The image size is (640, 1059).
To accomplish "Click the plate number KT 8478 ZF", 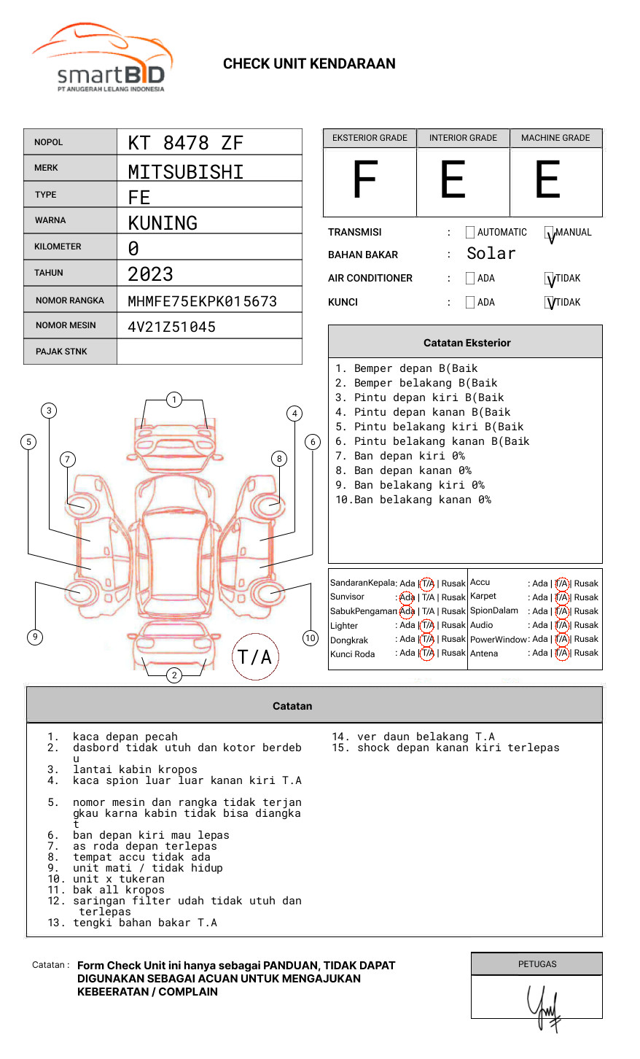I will [x=185, y=143].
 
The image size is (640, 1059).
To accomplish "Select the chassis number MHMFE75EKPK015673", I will [x=202, y=301].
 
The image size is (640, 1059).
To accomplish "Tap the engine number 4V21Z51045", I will [x=171, y=327].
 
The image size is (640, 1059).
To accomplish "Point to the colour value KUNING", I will [x=163, y=222].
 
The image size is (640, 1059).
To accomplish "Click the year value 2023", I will [x=150, y=274].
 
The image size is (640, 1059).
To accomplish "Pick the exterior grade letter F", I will [x=365, y=181].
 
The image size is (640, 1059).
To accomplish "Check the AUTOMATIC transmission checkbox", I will [x=470, y=233].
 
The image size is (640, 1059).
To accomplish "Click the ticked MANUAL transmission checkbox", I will [x=550, y=233].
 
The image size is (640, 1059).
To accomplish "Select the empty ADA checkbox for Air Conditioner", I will [x=470, y=279].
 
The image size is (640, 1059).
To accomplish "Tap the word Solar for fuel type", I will [x=491, y=254].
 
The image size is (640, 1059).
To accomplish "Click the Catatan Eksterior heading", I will [x=467, y=343].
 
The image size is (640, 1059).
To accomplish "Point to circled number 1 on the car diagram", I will [x=173, y=400].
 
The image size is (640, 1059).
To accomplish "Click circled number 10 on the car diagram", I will [x=311, y=638].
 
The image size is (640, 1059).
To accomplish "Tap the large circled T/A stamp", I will [x=254, y=657].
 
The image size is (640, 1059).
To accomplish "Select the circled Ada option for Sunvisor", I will [x=407, y=597].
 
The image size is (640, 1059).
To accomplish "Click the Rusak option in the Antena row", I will [x=586, y=653].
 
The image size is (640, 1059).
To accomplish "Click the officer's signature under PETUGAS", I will [x=544, y=1007].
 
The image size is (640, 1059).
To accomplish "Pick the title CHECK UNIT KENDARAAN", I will [x=309, y=63].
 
